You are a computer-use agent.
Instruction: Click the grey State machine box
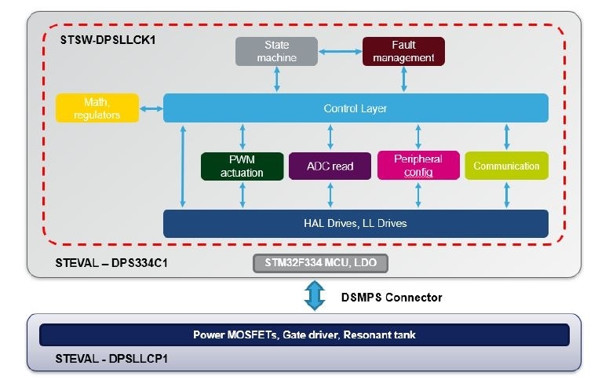276,51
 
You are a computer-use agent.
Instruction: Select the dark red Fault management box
403,51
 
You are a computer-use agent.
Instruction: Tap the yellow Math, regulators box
97,108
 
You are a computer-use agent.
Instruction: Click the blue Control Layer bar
355,108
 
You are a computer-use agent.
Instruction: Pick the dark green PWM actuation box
242,166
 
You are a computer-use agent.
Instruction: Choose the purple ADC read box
330,166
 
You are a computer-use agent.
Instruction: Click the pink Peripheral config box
418,166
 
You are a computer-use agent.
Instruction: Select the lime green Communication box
506,166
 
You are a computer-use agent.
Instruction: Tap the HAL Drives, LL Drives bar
355,223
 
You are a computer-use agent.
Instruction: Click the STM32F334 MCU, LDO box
320,263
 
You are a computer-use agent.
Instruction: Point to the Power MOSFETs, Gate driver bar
304,334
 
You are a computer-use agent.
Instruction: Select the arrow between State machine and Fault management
339,52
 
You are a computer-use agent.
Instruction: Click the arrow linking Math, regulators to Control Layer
151,108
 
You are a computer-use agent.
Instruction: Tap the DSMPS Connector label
392,298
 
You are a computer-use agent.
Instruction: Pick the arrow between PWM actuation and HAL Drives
242,195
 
